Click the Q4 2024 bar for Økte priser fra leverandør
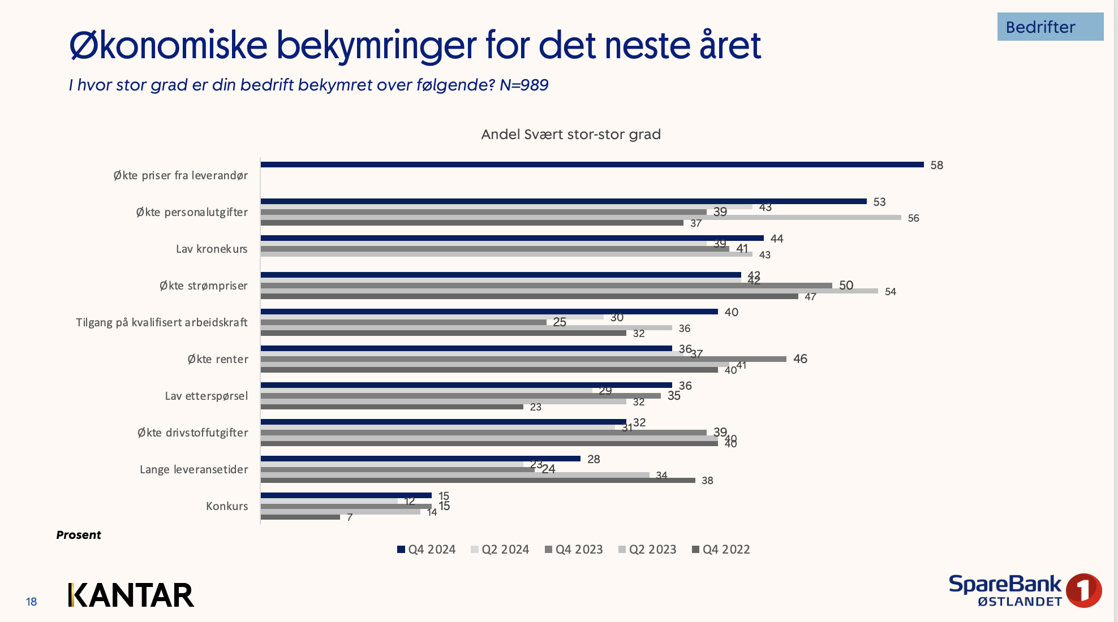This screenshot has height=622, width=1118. pyautogui.click(x=592, y=165)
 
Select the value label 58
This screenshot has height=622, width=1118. pyautogui.click(x=936, y=165)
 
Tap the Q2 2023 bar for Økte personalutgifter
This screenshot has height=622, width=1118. pyautogui.click(x=580, y=218)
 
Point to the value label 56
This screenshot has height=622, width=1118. pyautogui.click(x=913, y=218)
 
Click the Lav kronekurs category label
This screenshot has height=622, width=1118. pyautogui.click(x=212, y=249)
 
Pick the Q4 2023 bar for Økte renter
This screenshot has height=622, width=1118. pyautogui.click(x=523, y=359)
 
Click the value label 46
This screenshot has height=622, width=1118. pyautogui.click(x=800, y=358)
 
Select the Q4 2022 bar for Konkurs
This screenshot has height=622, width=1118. pyautogui.click(x=300, y=517)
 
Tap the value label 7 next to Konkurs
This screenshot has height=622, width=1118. pyautogui.click(x=350, y=517)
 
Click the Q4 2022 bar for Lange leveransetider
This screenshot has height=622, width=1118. pyautogui.click(x=478, y=481)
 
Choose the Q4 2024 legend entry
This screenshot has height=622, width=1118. pyautogui.click(x=427, y=550)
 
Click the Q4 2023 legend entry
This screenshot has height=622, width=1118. pyautogui.click(x=574, y=550)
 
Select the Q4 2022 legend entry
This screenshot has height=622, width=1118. pyautogui.click(x=721, y=550)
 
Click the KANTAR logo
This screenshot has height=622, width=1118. pyautogui.click(x=131, y=595)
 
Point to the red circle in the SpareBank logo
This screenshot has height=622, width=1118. pyautogui.click(x=1083, y=590)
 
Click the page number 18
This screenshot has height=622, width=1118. pyautogui.click(x=31, y=602)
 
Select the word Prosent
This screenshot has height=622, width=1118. pyautogui.click(x=79, y=535)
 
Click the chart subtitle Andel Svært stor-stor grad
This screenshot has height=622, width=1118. pyautogui.click(x=570, y=135)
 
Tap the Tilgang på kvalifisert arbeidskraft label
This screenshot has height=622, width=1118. pyautogui.click(x=162, y=322)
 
